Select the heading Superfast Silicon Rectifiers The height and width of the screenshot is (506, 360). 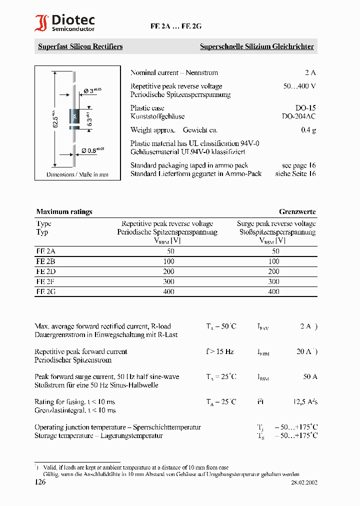(80, 46)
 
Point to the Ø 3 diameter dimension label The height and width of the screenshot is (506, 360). (91, 90)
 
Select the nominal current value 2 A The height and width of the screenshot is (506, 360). (310, 72)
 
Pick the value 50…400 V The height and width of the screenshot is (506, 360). (299, 86)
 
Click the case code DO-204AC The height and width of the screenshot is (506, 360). (298, 116)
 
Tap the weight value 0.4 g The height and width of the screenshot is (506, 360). (308, 130)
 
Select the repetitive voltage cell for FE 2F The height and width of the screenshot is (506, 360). (168, 281)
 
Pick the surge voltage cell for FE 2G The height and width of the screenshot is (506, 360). (273, 291)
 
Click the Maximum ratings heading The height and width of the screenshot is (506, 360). (64, 211)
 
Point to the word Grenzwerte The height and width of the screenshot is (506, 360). (297, 211)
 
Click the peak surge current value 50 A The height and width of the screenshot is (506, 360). (310, 376)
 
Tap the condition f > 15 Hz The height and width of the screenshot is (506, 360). (219, 351)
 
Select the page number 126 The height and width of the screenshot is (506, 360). (40, 482)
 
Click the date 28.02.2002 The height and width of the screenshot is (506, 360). (304, 483)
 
